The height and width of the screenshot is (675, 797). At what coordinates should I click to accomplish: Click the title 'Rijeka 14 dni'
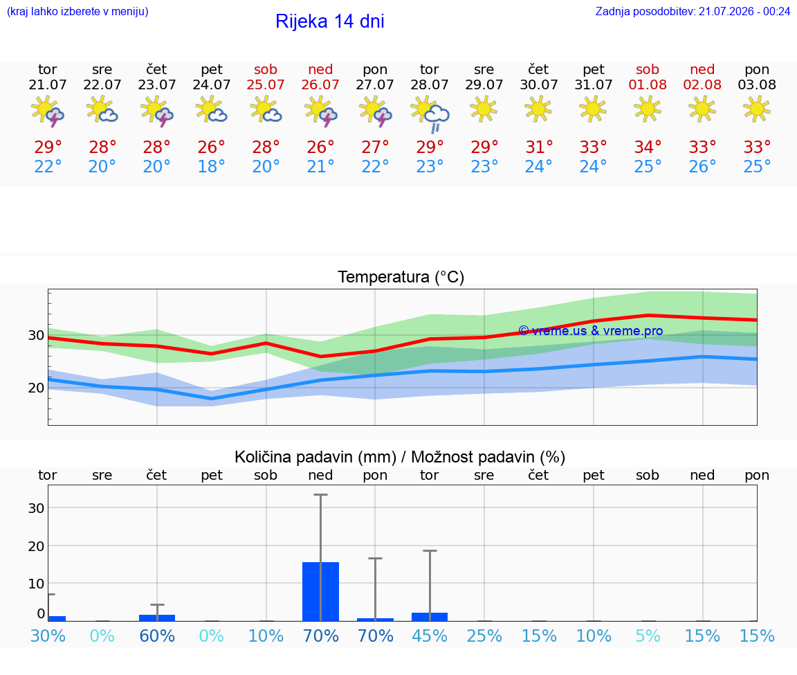tap(330, 21)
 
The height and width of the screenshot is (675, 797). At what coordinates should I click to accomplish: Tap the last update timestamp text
tap(693, 11)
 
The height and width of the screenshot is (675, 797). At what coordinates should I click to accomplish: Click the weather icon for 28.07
tap(430, 114)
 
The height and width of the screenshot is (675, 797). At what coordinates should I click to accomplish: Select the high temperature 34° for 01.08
tap(648, 147)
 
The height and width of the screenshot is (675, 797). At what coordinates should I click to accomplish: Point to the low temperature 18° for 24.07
tap(212, 166)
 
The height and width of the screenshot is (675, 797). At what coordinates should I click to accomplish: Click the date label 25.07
tap(266, 84)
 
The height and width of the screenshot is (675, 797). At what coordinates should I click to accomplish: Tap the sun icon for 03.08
tap(757, 109)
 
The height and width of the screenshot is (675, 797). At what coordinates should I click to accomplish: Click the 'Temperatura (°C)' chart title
tap(401, 277)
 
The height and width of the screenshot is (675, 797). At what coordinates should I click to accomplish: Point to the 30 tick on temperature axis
tap(36, 335)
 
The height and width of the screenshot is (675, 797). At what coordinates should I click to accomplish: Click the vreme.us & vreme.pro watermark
tap(591, 331)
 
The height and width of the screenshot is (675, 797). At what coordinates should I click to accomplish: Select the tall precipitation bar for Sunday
tap(321, 592)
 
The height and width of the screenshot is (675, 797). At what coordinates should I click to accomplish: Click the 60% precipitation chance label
tap(157, 636)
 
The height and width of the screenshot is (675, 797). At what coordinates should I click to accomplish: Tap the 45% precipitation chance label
tap(430, 636)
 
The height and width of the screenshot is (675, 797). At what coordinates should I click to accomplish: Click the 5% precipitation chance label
tap(648, 636)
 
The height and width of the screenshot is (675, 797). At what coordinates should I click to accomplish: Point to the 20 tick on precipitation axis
tap(36, 546)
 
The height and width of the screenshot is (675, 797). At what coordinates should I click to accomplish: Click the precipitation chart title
tap(400, 457)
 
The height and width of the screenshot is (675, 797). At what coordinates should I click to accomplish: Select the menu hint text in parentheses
tap(77, 11)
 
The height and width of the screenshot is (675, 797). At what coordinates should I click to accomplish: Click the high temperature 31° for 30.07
tap(539, 147)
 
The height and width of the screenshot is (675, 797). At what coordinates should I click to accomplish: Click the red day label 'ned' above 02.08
tap(702, 69)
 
